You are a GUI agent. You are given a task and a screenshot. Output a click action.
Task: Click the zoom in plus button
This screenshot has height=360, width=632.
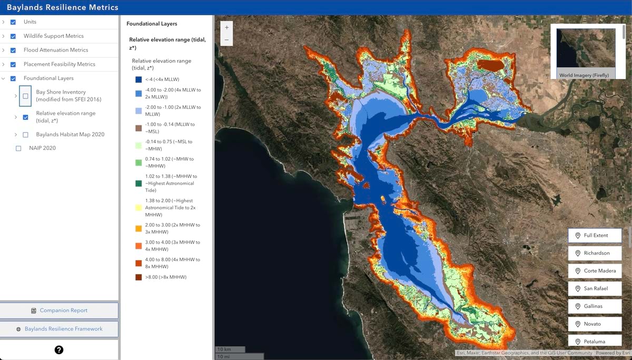point(226,27)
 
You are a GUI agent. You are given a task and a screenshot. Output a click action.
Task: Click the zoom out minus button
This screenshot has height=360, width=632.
point(226,40)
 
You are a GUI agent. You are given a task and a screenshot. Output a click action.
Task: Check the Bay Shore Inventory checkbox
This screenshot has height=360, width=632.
point(25,96)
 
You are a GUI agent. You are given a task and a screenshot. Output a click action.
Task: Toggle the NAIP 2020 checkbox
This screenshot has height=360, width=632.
point(18,148)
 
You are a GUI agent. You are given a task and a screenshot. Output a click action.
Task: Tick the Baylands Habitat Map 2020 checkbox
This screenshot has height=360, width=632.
point(25,135)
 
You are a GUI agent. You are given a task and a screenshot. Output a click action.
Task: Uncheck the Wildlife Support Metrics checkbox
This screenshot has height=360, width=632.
point(13,36)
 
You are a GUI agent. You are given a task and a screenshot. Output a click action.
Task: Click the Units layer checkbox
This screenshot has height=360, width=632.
point(13,22)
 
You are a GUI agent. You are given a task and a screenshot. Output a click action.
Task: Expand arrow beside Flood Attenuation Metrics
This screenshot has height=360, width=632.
point(4,50)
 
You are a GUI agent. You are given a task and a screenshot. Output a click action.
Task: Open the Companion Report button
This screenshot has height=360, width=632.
point(59,311)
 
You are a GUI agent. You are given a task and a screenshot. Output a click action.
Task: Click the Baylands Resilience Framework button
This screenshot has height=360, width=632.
point(59,329)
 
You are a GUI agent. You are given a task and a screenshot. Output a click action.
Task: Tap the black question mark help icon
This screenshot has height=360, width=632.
point(59,349)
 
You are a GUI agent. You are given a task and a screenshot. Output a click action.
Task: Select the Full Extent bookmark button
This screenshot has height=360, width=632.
point(595,235)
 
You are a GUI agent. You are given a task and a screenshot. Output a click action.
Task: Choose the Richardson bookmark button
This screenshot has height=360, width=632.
point(595,253)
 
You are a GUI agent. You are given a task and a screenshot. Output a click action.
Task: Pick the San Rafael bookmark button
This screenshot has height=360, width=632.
point(595,288)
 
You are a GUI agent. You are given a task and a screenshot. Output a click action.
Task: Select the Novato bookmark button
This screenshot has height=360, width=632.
point(595,324)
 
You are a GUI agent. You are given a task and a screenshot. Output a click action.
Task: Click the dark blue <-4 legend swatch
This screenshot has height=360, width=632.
point(138,79)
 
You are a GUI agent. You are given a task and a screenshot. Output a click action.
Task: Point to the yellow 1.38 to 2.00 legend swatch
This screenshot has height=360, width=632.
point(138,208)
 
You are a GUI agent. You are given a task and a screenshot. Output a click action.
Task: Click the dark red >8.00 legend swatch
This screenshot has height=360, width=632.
point(138,277)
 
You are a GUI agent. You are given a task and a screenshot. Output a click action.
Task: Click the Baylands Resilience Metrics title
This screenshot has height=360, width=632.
point(63,7)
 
